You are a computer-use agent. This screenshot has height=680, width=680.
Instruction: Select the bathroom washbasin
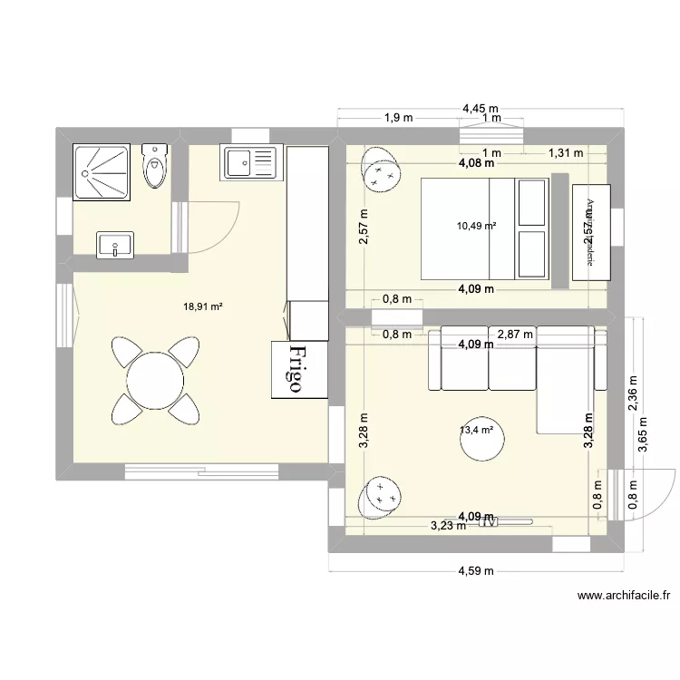pos(116,243)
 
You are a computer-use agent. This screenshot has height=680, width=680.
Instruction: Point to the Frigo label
pos(296,368)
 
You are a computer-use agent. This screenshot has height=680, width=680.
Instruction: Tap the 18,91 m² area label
pos(202,306)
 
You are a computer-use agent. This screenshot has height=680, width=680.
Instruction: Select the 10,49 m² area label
pos(476,226)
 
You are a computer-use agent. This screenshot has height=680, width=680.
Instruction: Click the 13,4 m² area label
pos(476,430)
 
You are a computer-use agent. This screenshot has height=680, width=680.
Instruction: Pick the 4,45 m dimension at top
pos(480,108)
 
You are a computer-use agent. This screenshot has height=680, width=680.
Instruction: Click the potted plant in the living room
pos(380,496)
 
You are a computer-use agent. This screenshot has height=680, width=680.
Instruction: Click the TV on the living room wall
pos(490,521)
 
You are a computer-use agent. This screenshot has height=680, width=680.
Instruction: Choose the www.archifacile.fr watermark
pos(623,596)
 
